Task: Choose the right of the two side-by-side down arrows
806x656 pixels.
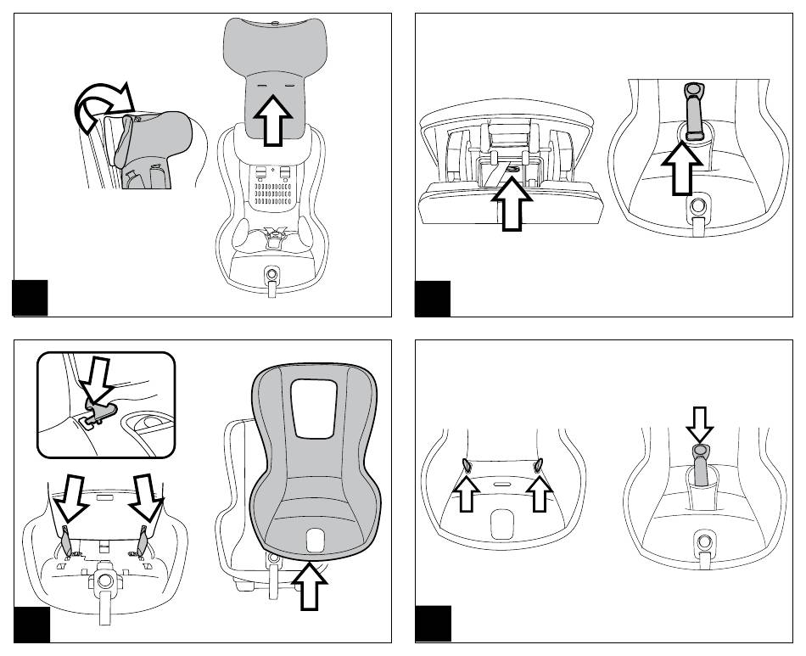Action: click(x=147, y=496)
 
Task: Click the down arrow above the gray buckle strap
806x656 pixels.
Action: click(x=700, y=421)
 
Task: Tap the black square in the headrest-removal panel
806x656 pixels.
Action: click(x=31, y=297)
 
